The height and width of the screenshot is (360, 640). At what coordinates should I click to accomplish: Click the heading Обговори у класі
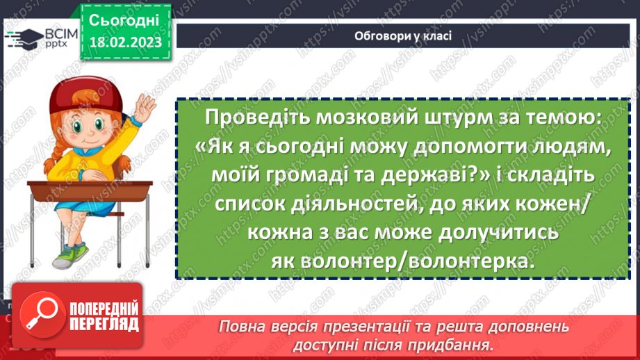pos(403,35)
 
